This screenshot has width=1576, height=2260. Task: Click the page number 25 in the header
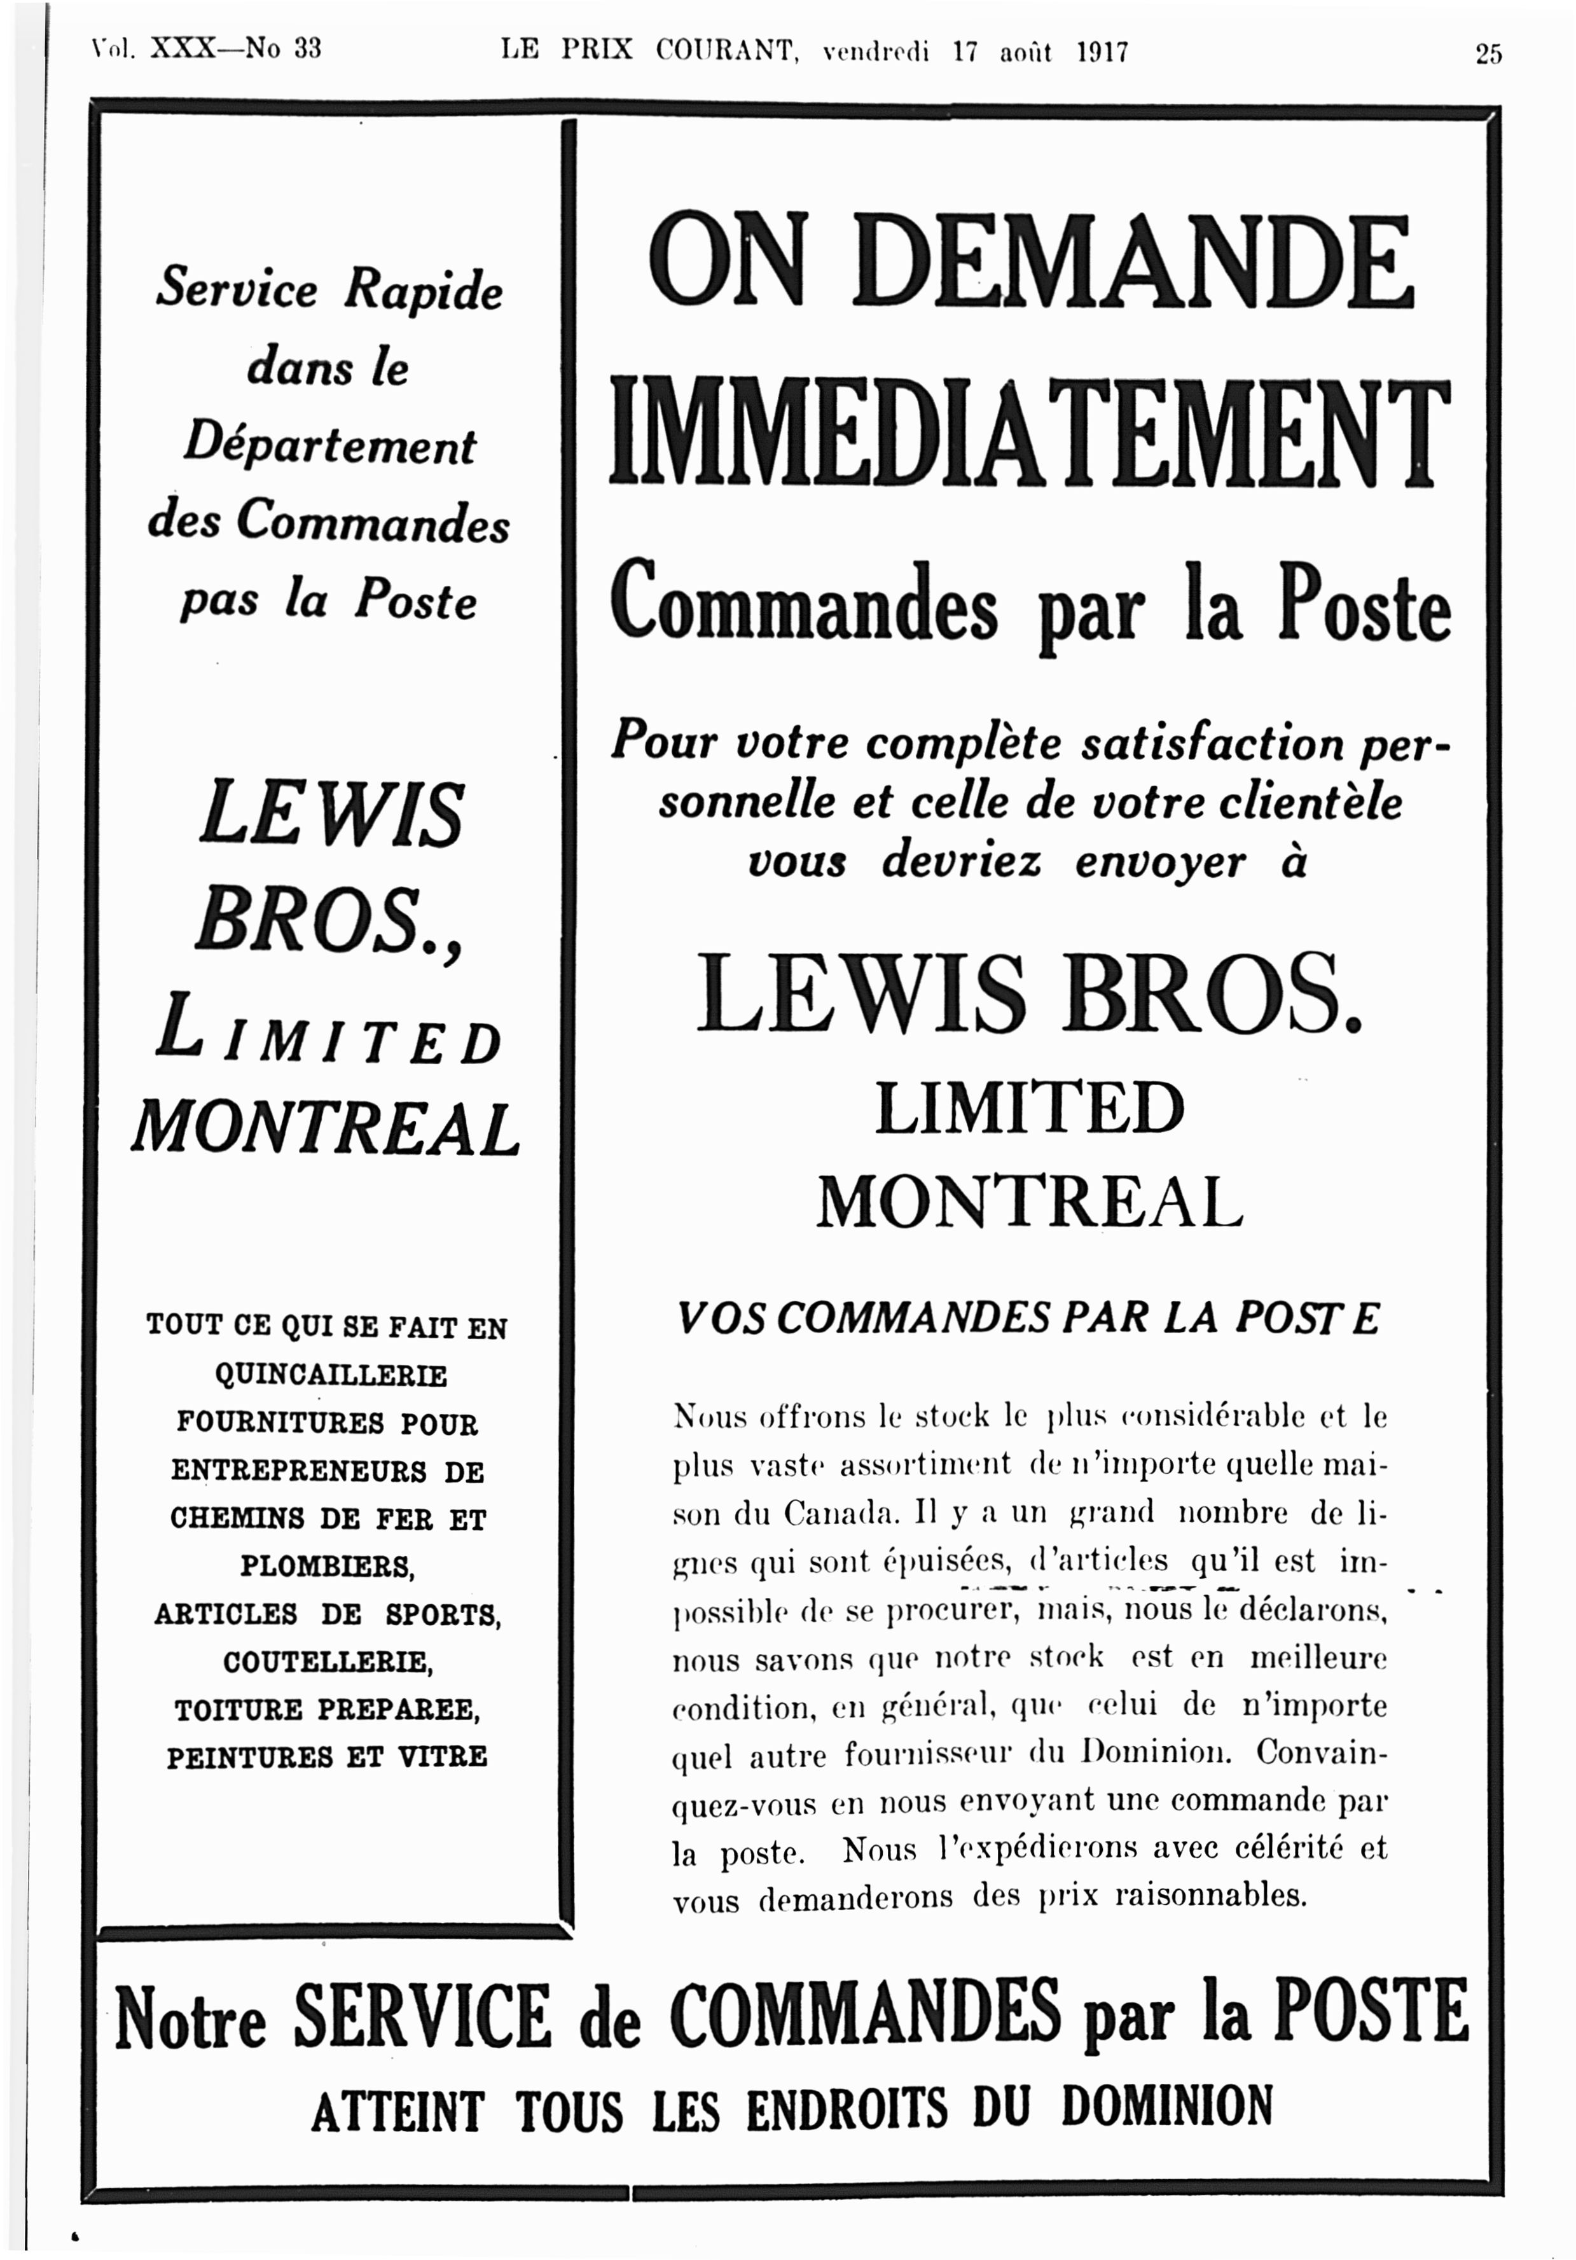(1488, 53)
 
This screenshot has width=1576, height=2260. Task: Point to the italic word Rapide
(424, 291)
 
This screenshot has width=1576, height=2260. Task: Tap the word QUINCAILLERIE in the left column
(331, 1375)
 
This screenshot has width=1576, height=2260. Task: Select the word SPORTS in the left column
(443, 1615)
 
